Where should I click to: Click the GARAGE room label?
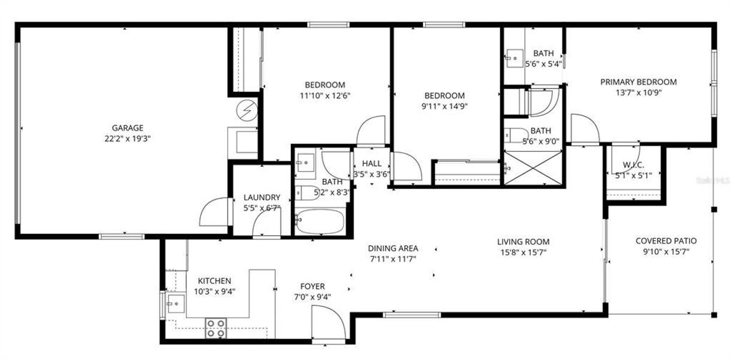(127, 128)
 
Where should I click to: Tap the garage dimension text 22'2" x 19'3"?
(127, 137)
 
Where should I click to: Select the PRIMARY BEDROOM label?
(639, 82)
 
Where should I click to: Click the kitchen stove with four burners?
(216, 328)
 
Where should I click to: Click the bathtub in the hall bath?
(320, 221)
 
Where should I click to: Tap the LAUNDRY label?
(261, 197)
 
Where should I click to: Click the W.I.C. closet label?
(633, 165)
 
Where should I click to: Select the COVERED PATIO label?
(666, 241)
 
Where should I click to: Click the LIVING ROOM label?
(523, 242)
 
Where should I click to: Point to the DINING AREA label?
(393, 248)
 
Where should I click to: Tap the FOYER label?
(312, 287)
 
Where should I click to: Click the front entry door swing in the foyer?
(327, 324)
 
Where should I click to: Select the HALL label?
(371, 164)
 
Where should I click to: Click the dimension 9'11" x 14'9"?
(444, 106)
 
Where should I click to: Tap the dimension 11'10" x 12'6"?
(324, 95)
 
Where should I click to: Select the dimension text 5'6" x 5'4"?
(543, 64)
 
